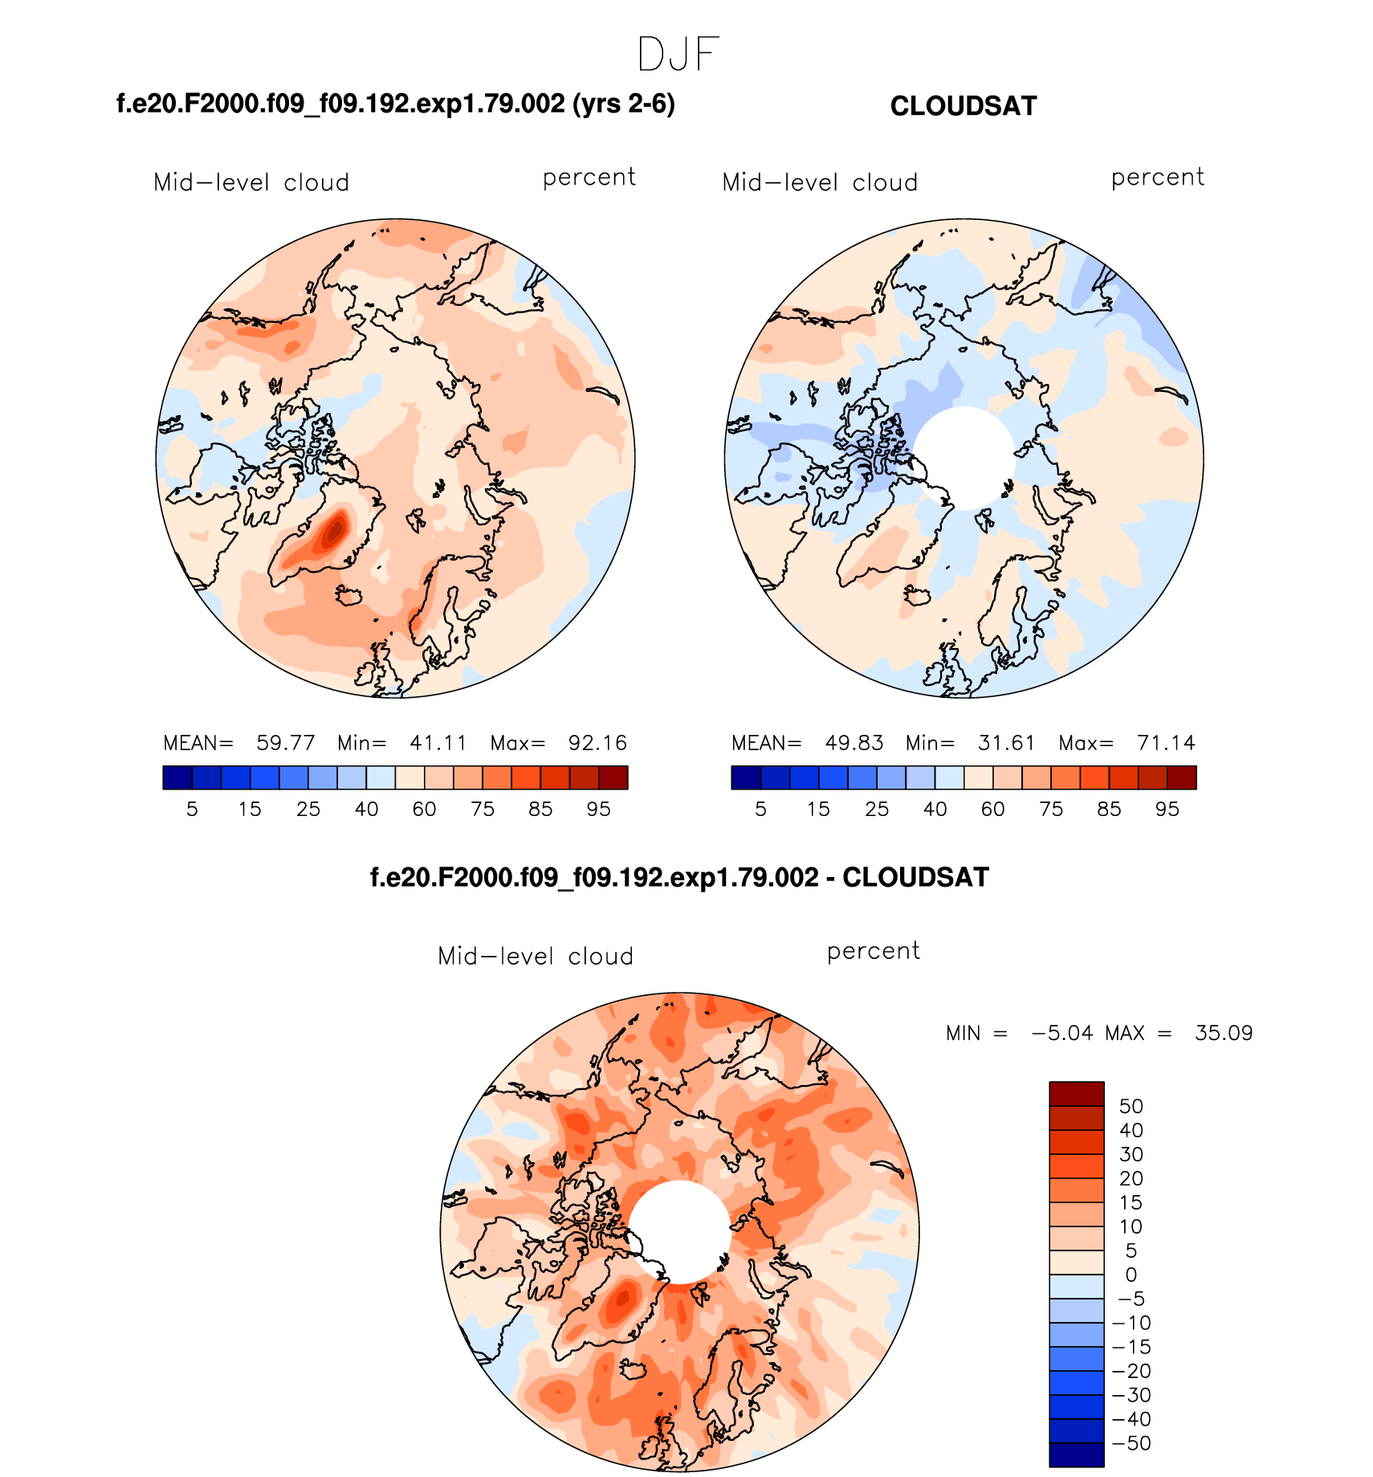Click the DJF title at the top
(x=678, y=55)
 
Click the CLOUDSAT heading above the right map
(x=964, y=106)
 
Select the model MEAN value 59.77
(x=285, y=743)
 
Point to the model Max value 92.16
(x=597, y=743)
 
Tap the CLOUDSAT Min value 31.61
(x=1006, y=743)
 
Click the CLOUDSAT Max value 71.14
(x=1166, y=743)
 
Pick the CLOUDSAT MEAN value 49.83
(x=854, y=743)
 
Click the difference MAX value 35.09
(x=1224, y=1033)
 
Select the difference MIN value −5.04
(x=1061, y=1033)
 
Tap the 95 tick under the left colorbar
(x=598, y=810)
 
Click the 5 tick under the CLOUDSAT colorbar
(x=760, y=810)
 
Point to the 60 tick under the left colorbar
(x=424, y=810)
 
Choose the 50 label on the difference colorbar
(x=1131, y=1106)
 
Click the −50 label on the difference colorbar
(x=1131, y=1443)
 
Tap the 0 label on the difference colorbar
(x=1131, y=1275)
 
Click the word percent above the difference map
(x=874, y=951)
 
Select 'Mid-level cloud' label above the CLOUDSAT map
(x=820, y=183)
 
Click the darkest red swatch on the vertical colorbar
(x=1076, y=1093)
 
